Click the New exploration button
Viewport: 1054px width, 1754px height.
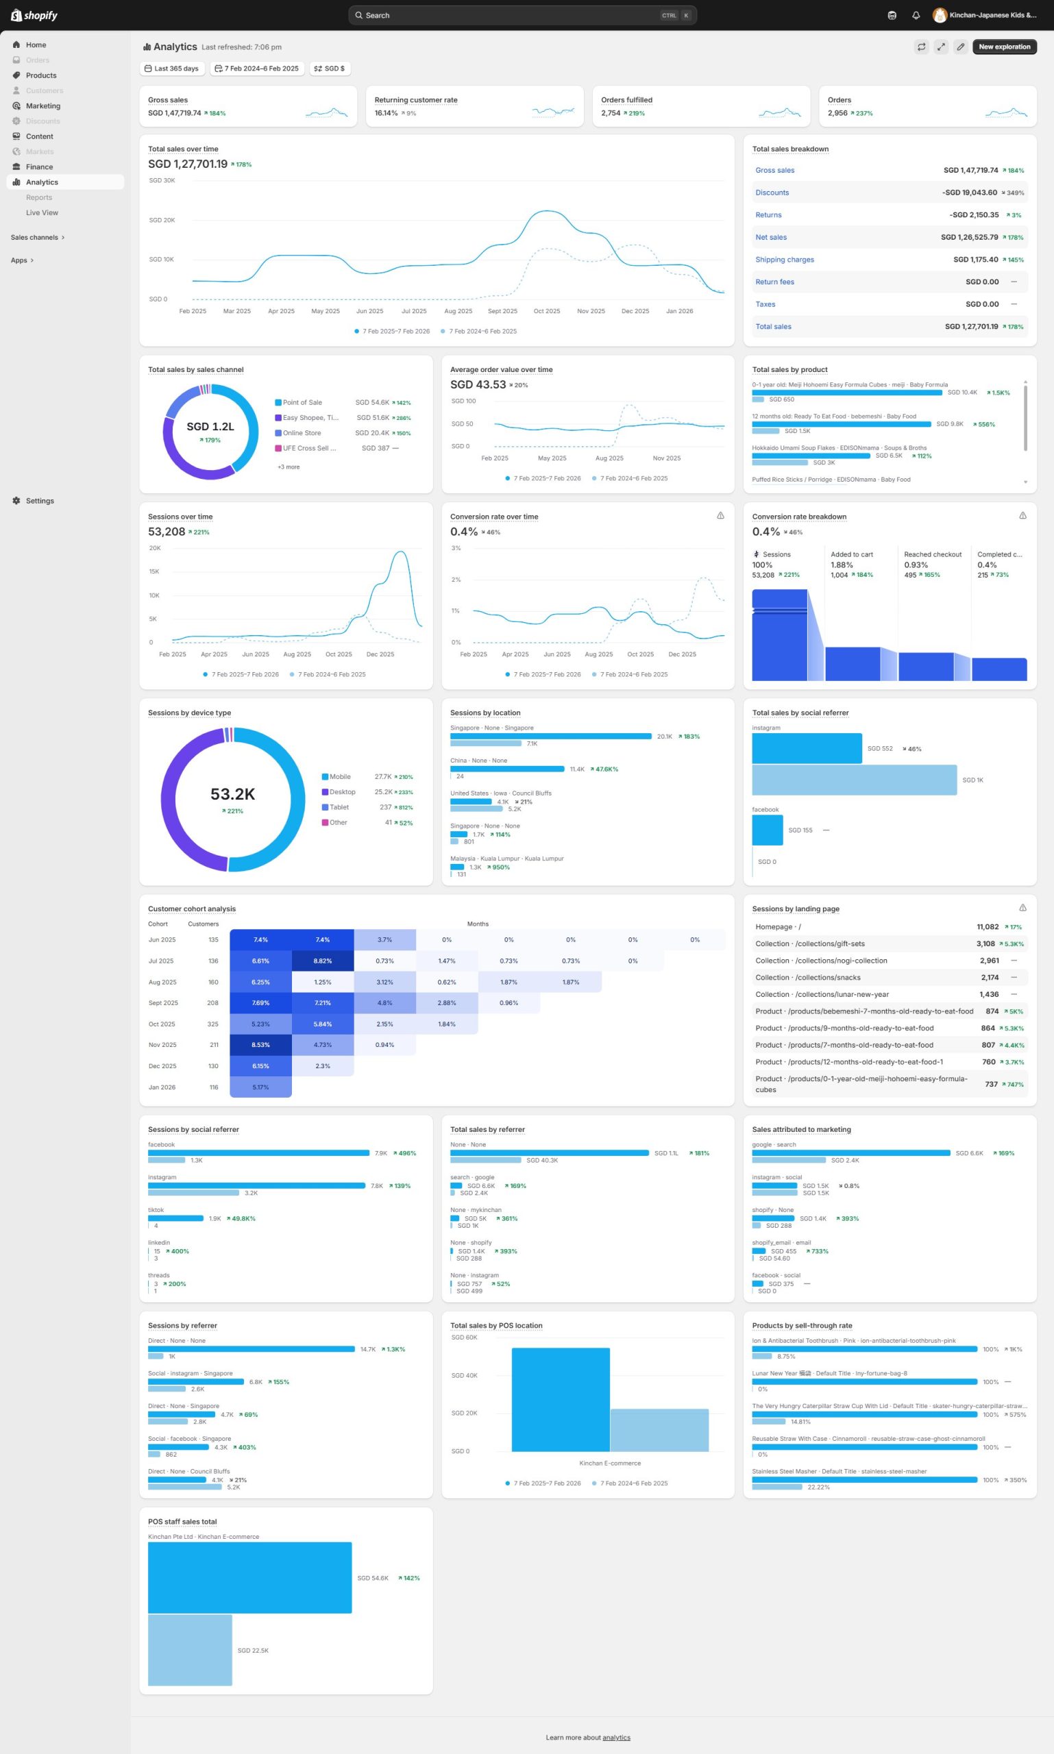(x=1003, y=47)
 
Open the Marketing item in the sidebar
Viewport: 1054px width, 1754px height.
(x=42, y=106)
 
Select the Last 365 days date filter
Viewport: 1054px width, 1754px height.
(x=172, y=69)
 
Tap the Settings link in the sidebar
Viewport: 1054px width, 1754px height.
(x=40, y=501)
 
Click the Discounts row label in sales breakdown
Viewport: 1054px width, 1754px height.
(x=772, y=193)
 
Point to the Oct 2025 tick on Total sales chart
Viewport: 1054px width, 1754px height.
(x=546, y=311)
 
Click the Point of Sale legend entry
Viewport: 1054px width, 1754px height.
(x=302, y=403)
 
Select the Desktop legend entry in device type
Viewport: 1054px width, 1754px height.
(x=342, y=792)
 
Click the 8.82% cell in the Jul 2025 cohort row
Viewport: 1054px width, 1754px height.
(x=323, y=961)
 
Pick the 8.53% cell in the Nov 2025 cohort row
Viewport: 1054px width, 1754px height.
(x=260, y=1045)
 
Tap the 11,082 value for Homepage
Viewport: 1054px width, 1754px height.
(x=988, y=927)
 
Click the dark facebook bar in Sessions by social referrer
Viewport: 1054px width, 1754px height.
(x=258, y=1152)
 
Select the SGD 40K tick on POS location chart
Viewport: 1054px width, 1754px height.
(x=465, y=1376)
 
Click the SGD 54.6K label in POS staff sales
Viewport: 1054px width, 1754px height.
(x=373, y=1578)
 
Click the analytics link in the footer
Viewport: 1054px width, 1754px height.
(x=616, y=1738)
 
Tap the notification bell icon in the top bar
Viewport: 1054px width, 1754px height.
(x=916, y=15)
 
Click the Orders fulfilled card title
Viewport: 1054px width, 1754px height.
(x=626, y=100)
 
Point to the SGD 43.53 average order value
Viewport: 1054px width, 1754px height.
(x=477, y=384)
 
